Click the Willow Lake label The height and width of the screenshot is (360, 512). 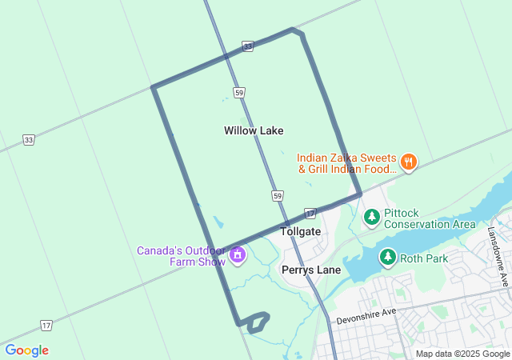point(254,130)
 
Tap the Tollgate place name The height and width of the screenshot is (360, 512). point(301,231)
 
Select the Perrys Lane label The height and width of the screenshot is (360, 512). point(311,270)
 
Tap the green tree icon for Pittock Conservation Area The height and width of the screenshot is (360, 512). point(371,216)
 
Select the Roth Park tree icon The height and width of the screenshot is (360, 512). point(387,257)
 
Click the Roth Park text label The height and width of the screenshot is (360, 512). point(425,258)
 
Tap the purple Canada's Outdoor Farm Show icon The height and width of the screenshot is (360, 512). point(237,255)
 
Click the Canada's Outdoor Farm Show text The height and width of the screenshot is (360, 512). point(182,255)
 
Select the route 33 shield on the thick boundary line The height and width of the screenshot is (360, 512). point(248,47)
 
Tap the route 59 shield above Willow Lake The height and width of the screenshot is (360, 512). point(239,93)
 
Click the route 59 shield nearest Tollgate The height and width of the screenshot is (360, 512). point(277,195)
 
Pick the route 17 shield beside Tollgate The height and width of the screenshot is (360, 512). point(310,213)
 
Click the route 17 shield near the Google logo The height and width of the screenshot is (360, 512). point(46,326)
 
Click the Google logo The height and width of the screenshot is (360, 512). point(26,350)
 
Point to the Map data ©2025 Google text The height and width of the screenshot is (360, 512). point(462,354)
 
